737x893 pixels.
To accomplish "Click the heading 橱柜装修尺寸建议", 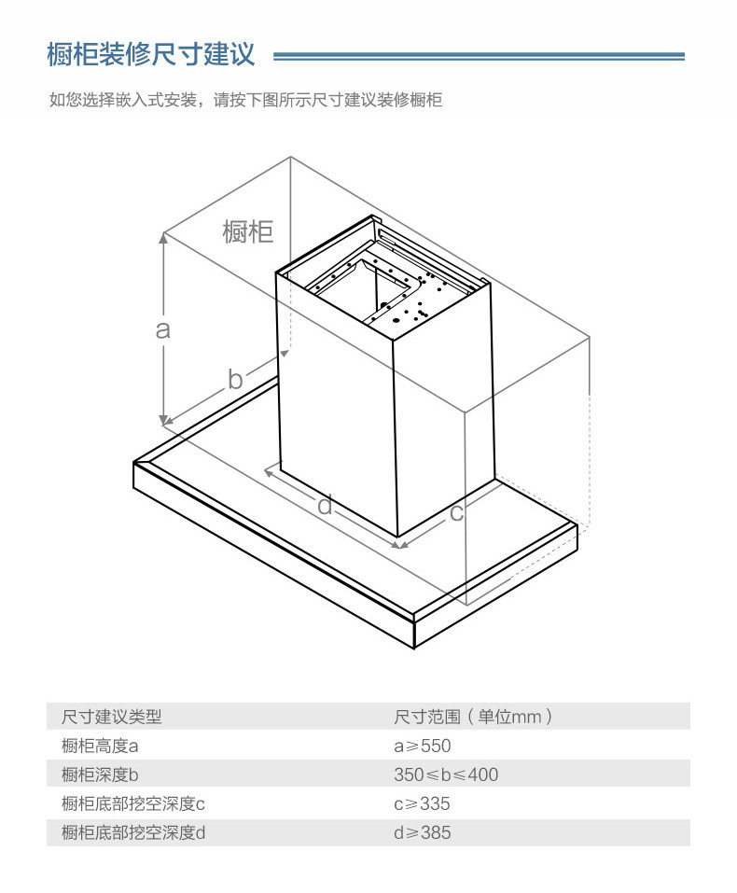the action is coord(151,54).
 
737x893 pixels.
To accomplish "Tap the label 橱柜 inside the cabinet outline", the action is coord(248,230).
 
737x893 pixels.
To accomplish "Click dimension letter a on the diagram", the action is coord(163,328).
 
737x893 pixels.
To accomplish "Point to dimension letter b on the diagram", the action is coord(235,379).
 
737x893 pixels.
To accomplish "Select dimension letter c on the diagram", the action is coord(456,511).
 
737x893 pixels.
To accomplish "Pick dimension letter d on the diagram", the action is coord(325,506).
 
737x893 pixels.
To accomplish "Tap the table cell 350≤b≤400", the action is coord(446,774).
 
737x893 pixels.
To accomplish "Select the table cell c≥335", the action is coord(422,803).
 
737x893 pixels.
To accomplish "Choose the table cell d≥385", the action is coord(422,832).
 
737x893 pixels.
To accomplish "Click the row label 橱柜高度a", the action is coord(100,746).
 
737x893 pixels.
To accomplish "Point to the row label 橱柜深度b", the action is coord(100,774).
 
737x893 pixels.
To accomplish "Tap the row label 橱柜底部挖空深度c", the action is coord(132,803).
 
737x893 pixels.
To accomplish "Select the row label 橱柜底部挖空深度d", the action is coord(132,832).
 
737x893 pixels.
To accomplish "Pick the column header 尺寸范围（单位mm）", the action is coord(474,717).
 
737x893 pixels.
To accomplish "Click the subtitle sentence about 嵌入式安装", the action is coord(244,100).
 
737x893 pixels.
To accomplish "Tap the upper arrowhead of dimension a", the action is coord(164,238).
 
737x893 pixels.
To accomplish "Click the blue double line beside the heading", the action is coord(479,57).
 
